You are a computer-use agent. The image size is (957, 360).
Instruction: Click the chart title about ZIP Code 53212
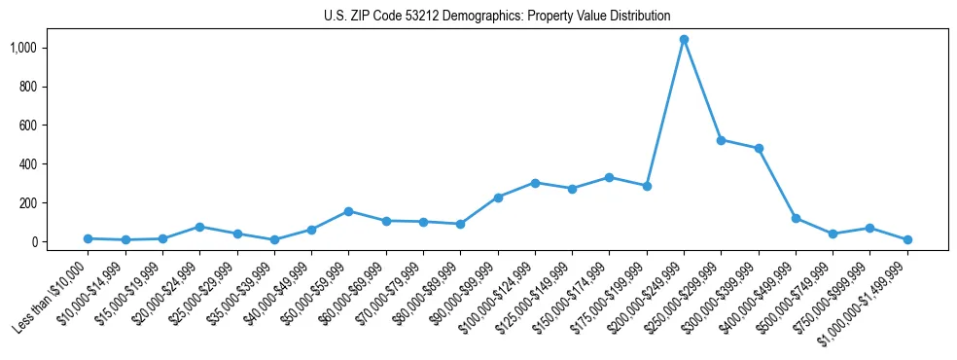[x=497, y=16]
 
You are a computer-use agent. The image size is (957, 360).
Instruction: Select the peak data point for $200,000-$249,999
[x=684, y=40]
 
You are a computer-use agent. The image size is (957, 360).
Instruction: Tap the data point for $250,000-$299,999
[x=721, y=140]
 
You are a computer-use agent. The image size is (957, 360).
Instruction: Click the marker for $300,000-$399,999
[x=759, y=149]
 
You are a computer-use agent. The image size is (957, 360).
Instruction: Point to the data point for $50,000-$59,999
[x=348, y=211]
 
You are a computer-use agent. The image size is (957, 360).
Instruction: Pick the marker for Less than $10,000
[x=88, y=238]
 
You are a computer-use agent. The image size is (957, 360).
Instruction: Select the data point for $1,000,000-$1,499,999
[x=907, y=239]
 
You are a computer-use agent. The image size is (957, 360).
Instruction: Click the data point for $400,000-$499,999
[x=796, y=218]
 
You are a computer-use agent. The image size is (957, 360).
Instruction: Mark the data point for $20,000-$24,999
[x=199, y=227]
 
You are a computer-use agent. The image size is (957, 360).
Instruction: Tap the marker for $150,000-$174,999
[x=609, y=177]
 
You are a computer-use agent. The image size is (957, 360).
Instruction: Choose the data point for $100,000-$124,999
[x=535, y=183]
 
